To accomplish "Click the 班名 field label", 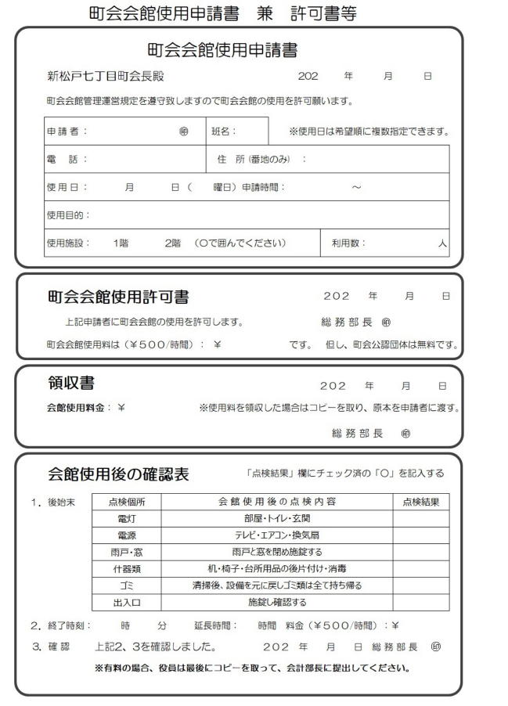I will [x=224, y=131].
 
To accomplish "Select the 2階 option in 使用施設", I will [x=172, y=243].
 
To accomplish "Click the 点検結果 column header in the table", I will [x=421, y=502].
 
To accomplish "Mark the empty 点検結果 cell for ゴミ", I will [x=421, y=585].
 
